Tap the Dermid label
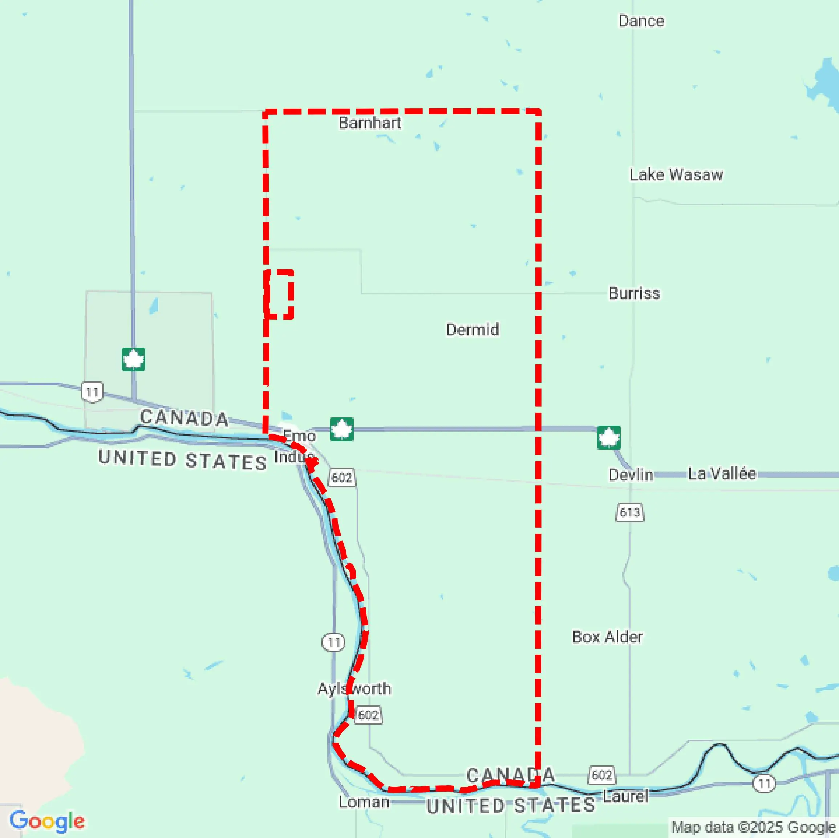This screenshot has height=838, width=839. (x=473, y=330)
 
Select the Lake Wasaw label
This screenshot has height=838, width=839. (x=676, y=175)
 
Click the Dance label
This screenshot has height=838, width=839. (x=641, y=21)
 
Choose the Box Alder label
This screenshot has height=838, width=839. (x=607, y=637)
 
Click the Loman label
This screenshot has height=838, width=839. (x=364, y=802)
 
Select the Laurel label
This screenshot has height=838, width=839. (x=625, y=796)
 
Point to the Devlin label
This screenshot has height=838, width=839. (x=631, y=475)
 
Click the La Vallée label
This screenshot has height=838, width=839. (x=722, y=474)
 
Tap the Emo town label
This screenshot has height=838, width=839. (x=299, y=436)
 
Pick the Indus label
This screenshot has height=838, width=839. (x=294, y=457)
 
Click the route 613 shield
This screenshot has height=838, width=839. (x=630, y=512)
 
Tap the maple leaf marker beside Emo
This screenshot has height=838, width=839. (x=342, y=429)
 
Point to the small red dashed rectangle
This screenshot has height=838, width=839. (x=279, y=294)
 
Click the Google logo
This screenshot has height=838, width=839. (x=47, y=821)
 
